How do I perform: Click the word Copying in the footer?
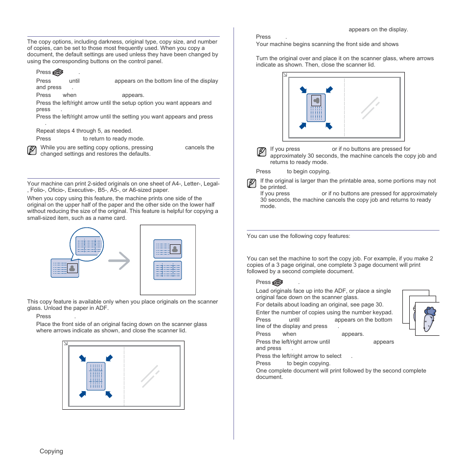(51, 451)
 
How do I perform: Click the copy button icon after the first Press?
(58, 72)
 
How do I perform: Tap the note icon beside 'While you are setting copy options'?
(32, 150)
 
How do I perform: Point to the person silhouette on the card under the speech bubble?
(72, 268)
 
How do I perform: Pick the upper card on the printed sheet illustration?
(167, 249)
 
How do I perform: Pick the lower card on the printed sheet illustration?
(167, 270)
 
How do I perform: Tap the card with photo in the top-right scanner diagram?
(316, 108)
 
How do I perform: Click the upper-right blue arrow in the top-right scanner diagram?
(329, 90)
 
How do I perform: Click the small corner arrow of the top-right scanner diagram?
(285, 75)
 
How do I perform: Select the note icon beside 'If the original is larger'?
(252, 184)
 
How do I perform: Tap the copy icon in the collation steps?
(278, 282)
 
